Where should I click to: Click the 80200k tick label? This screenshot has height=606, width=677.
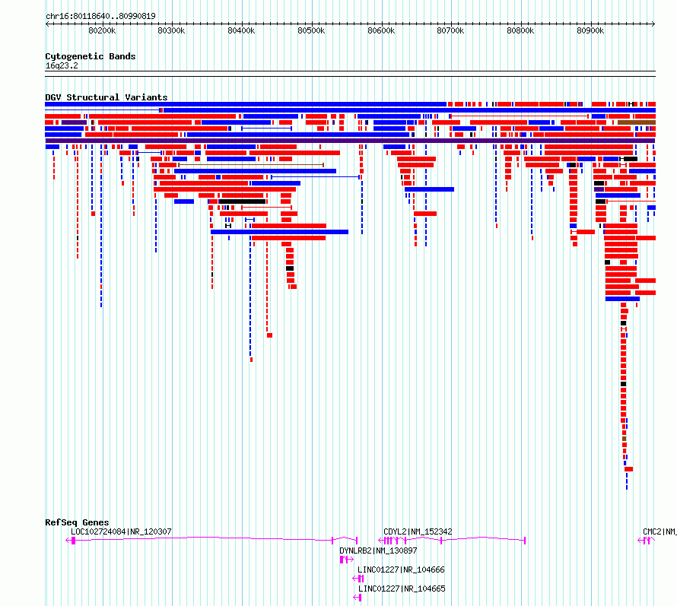tap(102, 30)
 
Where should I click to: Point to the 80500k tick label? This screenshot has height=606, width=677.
tap(311, 30)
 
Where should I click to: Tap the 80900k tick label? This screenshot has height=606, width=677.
tap(590, 30)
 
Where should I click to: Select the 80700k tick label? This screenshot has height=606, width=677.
tap(450, 30)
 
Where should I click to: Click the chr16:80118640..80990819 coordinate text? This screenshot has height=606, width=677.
tap(100, 17)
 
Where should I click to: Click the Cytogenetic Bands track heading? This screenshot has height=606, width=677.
tap(91, 56)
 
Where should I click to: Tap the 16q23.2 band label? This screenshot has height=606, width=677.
tap(62, 65)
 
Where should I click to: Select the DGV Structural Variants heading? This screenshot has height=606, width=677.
tap(106, 97)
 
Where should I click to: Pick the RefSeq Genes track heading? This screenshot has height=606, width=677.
tap(77, 522)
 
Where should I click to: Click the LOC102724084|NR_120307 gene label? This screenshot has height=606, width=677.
tap(121, 531)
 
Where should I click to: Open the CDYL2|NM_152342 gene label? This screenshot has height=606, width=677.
tap(418, 531)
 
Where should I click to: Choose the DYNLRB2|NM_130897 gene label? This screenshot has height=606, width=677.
tap(378, 550)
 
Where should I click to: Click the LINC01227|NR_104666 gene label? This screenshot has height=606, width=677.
tap(401, 570)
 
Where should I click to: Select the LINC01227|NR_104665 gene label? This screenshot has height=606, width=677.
tap(402, 589)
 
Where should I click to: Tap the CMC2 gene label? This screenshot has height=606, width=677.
tap(652, 531)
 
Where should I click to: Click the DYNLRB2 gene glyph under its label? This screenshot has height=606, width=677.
tap(347, 560)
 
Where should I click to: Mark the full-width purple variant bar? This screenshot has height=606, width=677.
tap(350, 141)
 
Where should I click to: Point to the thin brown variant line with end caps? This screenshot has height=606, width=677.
tap(251, 165)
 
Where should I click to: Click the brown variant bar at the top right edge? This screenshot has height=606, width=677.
tap(637, 122)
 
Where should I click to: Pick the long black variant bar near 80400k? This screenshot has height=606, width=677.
tap(242, 201)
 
